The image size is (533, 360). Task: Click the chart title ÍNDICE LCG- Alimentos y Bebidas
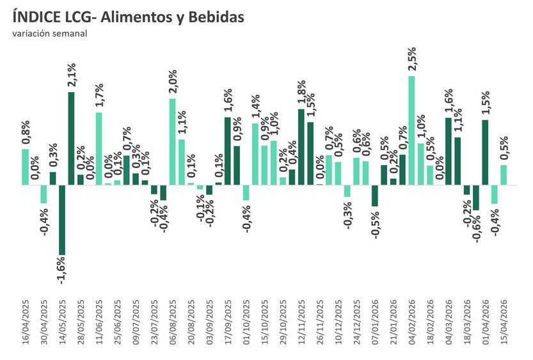[128, 17]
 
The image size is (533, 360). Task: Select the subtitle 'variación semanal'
[49, 34]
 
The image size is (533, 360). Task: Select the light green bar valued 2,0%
[172, 141]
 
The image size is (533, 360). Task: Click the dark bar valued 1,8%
[301, 147]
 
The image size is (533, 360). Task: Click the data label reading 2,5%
[412, 59]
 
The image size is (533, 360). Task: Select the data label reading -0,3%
[347, 214]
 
